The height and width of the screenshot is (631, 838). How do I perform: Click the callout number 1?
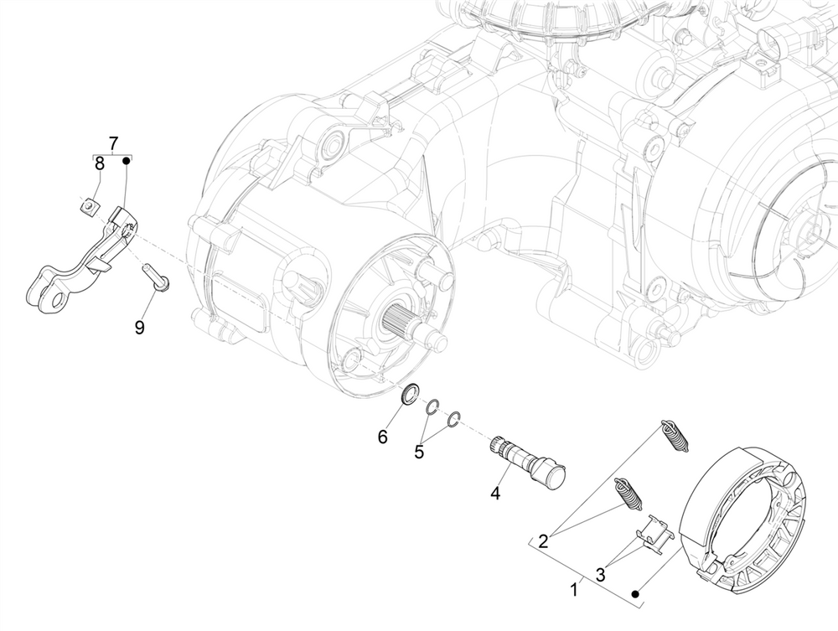coord(574,589)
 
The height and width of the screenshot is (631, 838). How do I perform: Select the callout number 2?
coord(544,540)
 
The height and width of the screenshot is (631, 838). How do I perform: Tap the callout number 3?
coord(601,574)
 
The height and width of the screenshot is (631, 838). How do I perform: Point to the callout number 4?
coord(495,493)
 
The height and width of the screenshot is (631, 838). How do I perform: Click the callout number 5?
coord(419,452)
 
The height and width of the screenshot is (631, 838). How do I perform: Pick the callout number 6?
coord(382,437)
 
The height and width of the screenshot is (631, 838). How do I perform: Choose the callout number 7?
coord(113,142)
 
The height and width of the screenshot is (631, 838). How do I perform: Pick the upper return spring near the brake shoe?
coord(674,436)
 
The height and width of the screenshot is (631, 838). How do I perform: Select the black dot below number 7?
coord(127,159)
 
